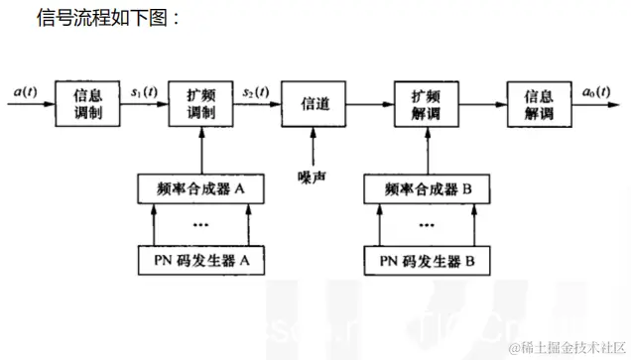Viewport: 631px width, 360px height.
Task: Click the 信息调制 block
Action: pyautogui.click(x=87, y=103)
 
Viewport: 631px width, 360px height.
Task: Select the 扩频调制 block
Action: pyautogui.click(x=200, y=103)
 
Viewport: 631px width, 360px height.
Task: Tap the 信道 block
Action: pyautogui.click(x=313, y=103)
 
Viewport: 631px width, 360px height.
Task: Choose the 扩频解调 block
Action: pyautogui.click(x=425, y=103)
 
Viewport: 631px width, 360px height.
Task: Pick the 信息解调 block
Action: pyautogui.click(x=537, y=103)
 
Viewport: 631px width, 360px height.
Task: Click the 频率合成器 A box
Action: pyautogui.click(x=199, y=186)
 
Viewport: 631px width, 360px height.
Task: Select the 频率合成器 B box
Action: pyautogui.click(x=424, y=186)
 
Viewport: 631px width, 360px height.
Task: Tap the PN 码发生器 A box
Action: pyautogui.click(x=199, y=261)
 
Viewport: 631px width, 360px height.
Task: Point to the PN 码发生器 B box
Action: pyautogui.click(x=424, y=261)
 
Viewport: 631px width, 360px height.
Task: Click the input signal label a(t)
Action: pyautogui.click(x=28, y=91)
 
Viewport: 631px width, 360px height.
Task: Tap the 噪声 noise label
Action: pyautogui.click(x=313, y=180)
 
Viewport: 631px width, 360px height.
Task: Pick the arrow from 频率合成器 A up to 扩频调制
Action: pyautogui.click(x=199, y=150)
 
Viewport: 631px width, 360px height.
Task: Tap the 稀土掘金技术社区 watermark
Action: pyautogui.click(x=566, y=347)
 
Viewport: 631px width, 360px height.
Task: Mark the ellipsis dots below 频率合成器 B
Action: pyautogui.click(x=425, y=223)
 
